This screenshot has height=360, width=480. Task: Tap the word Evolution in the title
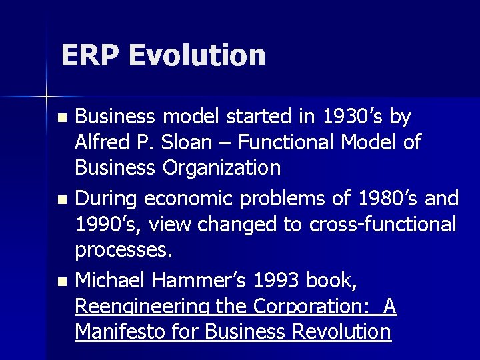(197, 55)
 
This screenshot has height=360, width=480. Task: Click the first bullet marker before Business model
(62, 117)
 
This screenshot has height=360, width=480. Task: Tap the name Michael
(110, 281)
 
